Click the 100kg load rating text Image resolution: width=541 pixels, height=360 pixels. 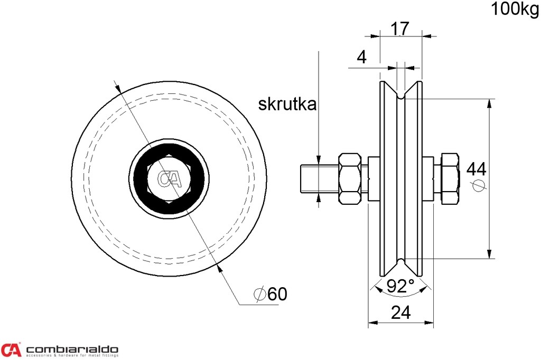coord(515,9)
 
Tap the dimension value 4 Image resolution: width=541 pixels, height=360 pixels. coord(361,57)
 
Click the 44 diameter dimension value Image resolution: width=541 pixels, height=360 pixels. coord(476,169)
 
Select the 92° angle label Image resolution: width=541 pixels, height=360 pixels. coord(400,286)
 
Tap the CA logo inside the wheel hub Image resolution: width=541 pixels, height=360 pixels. coord(170,179)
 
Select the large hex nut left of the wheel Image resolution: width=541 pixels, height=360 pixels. coord(351,179)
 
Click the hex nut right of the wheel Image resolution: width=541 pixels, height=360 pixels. coord(449,178)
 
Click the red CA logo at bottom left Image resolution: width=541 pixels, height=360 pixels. coord(11,349)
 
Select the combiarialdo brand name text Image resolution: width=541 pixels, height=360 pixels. coord(72,349)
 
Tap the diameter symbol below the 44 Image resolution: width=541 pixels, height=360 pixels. coord(478,185)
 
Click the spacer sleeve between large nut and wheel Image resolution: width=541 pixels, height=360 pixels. coord(373,178)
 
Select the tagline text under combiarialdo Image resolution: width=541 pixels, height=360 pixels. coord(72,356)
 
